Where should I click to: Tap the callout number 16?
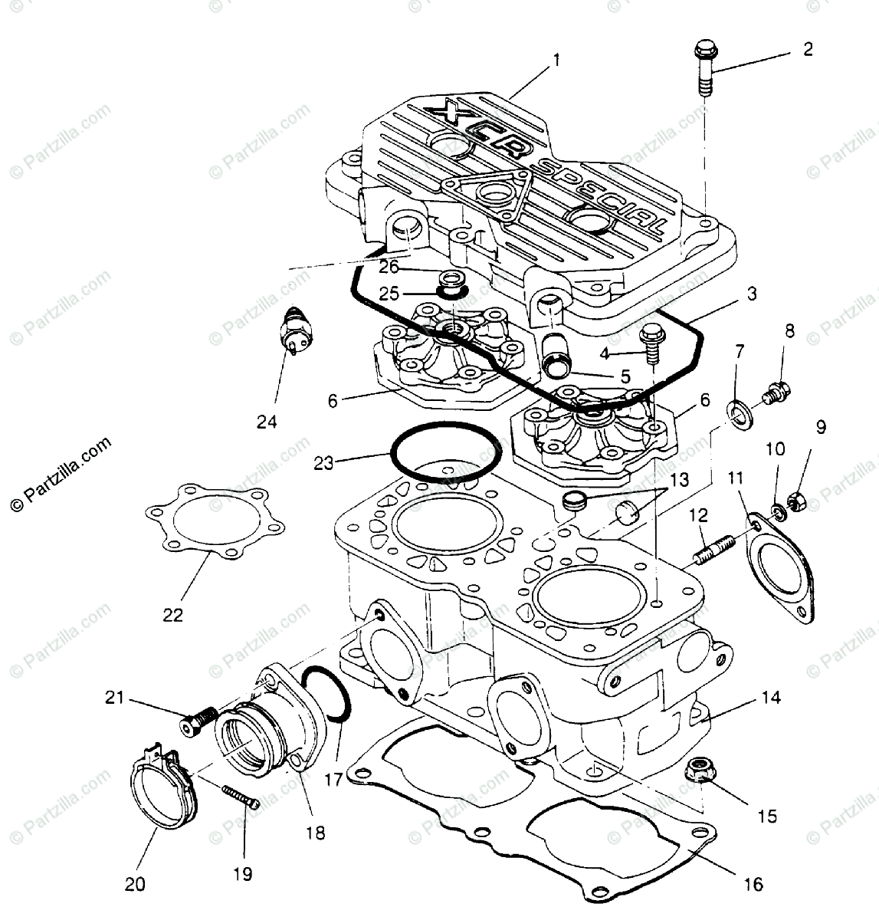tap(753, 885)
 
